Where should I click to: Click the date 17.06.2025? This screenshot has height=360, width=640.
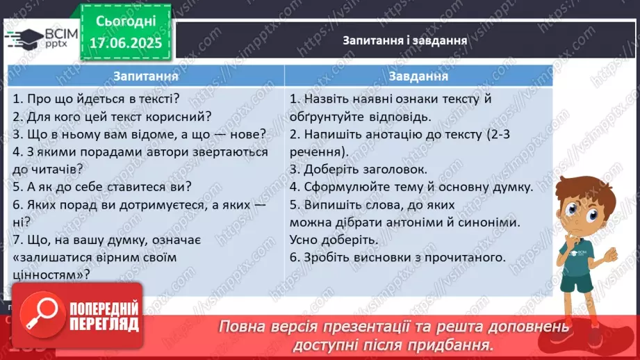click(x=125, y=43)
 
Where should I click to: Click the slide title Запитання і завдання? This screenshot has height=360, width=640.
click(x=404, y=40)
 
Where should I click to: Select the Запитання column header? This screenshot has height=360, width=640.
click(x=146, y=76)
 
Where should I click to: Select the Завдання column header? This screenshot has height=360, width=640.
click(x=418, y=76)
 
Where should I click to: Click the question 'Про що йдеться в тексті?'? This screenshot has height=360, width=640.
click(x=97, y=99)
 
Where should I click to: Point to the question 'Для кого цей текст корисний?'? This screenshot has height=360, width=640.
click(x=113, y=116)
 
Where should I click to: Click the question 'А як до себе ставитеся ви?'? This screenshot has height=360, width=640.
click(x=102, y=186)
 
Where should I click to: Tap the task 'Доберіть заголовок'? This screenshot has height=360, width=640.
click(x=358, y=169)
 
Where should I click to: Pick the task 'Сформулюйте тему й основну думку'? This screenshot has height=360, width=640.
click(x=411, y=187)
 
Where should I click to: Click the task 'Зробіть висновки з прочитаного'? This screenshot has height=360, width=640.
click(x=397, y=257)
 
